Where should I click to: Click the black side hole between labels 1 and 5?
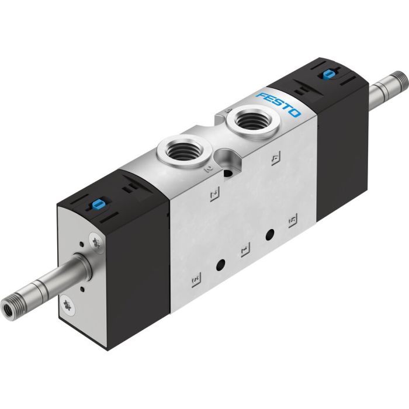(x=270, y=235)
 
